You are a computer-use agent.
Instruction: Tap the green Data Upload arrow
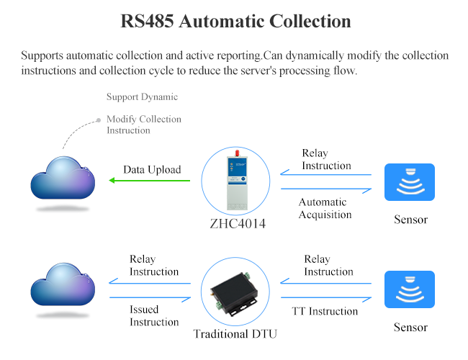click(x=148, y=181)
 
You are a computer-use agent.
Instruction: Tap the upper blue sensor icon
click(x=409, y=182)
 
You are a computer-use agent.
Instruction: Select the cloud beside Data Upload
click(x=63, y=181)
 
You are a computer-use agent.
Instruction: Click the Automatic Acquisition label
click(x=325, y=208)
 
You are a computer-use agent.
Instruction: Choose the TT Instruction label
click(x=324, y=311)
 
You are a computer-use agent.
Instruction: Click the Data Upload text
click(x=152, y=170)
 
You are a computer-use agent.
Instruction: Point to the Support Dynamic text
click(x=142, y=96)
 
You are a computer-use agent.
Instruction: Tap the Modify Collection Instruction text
click(x=143, y=125)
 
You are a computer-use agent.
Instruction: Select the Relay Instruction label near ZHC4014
click(x=326, y=159)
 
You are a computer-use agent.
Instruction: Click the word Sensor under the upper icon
click(x=410, y=219)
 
